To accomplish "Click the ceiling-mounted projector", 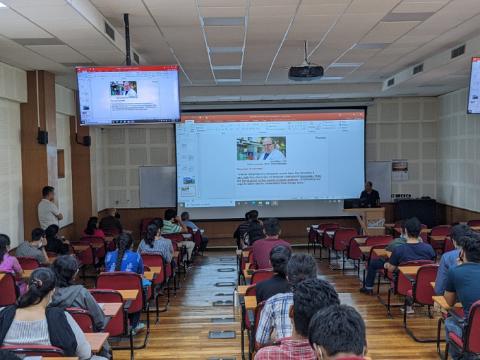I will (305, 72).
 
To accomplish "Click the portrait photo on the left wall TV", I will (123, 89).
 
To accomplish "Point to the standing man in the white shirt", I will (49, 208).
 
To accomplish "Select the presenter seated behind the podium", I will (370, 195).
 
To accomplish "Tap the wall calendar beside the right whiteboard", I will (399, 171).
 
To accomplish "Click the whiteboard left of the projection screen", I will (157, 186).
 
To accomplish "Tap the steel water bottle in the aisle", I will (236, 297).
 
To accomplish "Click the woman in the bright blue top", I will (125, 257).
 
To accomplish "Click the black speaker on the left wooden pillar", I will (43, 137).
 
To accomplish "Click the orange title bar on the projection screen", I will (270, 117).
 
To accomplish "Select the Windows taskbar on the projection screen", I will (270, 203).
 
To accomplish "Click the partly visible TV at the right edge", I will (474, 85).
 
